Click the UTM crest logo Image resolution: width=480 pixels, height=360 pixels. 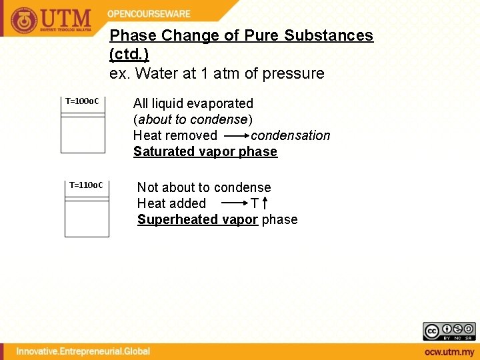24,20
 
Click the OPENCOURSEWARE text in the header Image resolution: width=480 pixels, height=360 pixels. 149,14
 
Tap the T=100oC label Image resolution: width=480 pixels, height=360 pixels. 82,101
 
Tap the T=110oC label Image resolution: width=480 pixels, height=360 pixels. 86,185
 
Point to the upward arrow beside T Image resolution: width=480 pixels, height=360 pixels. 265,203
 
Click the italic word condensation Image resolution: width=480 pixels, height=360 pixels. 290,135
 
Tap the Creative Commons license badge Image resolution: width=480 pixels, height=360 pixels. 449,331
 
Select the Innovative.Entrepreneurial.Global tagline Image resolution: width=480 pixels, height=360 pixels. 83,351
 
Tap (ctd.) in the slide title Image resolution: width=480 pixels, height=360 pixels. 129,53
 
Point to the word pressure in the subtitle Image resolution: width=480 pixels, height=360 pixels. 294,73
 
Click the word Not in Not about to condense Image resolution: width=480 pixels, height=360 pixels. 147,187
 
